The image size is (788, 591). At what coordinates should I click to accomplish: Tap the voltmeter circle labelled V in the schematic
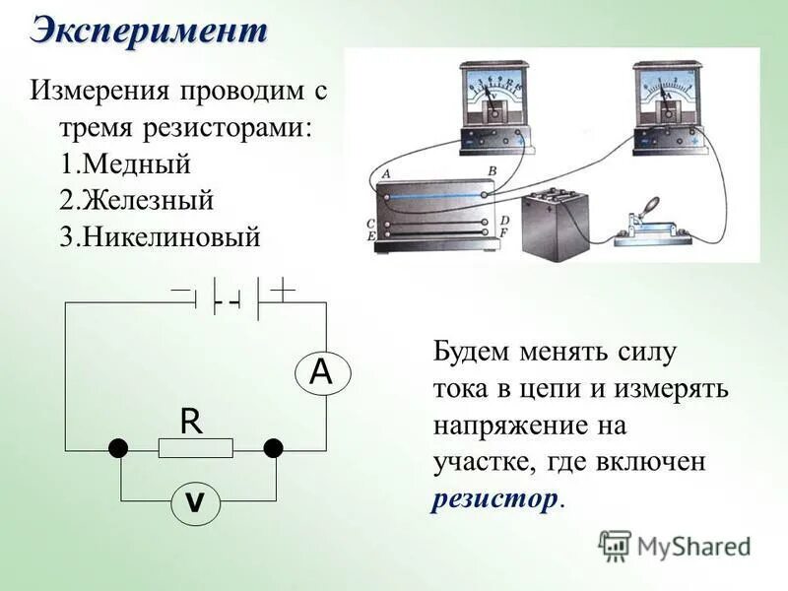[x=195, y=502]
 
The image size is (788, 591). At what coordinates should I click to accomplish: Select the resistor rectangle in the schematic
[x=195, y=449]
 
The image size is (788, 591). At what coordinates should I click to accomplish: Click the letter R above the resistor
[x=190, y=422]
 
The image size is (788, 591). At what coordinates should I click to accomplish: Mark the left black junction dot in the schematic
[x=118, y=449]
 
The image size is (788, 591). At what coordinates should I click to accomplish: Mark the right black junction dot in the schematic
[x=274, y=449]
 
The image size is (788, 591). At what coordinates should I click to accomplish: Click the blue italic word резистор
[x=494, y=498]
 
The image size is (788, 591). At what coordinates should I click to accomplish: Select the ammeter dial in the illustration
[x=665, y=93]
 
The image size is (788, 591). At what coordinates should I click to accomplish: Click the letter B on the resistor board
[x=491, y=172]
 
